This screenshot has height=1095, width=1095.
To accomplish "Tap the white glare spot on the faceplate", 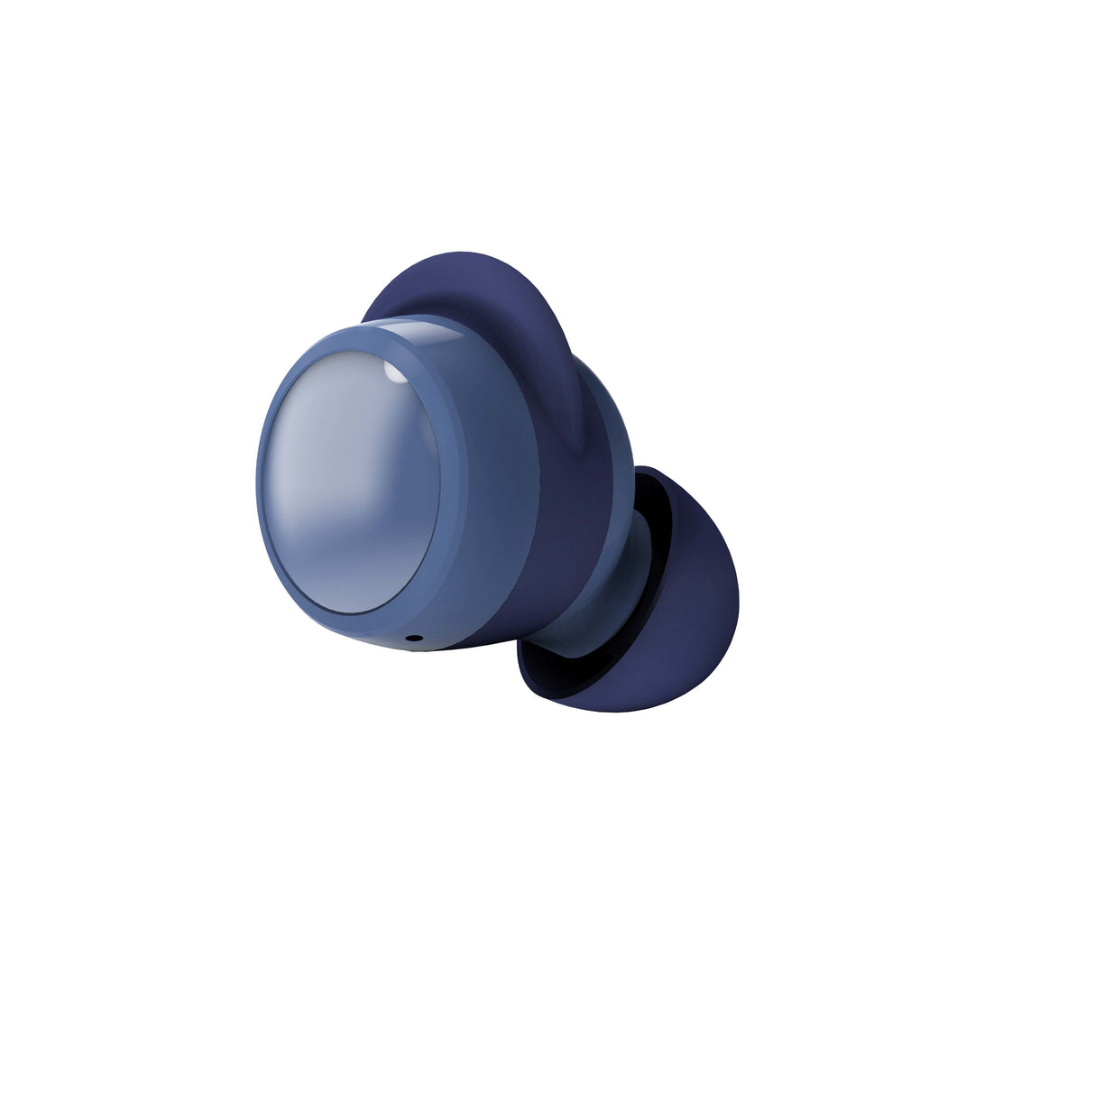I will [393, 373].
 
